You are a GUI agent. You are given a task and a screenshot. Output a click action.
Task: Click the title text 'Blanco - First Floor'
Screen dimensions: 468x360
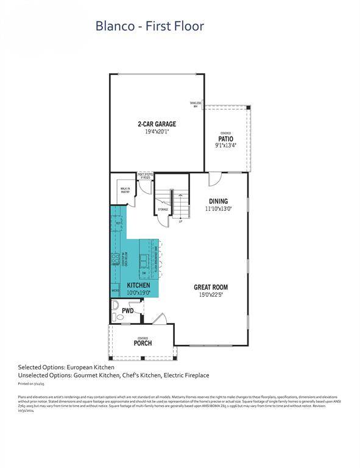149,26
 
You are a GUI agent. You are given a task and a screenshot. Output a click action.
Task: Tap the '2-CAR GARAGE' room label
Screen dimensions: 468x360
157,124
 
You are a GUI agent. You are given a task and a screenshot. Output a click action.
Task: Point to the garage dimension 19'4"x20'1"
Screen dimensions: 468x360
157,132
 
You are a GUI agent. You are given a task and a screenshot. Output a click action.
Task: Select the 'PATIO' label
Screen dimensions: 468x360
225,139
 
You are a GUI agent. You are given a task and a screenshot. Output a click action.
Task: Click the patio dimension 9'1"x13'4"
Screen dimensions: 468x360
225,146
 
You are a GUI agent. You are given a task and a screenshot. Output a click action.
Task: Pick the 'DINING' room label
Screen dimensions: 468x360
218,202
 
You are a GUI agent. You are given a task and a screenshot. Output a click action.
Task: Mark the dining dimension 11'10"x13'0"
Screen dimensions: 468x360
218,209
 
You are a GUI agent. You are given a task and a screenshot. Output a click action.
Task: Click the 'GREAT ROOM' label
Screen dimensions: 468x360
211,287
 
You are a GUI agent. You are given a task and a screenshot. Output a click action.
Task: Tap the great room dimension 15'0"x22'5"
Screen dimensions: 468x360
211,294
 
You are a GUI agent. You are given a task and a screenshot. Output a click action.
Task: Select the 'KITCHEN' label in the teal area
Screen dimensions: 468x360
139,285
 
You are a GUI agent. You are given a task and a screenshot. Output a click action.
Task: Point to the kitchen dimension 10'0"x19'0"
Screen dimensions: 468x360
139,292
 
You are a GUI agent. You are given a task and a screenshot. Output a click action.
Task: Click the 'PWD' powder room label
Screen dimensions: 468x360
127,310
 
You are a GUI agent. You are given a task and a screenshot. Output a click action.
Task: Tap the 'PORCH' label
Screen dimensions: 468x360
143,343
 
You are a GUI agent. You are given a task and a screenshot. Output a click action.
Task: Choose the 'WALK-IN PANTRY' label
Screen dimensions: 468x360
125,190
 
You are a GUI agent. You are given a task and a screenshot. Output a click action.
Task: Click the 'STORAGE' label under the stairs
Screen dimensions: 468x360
163,210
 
